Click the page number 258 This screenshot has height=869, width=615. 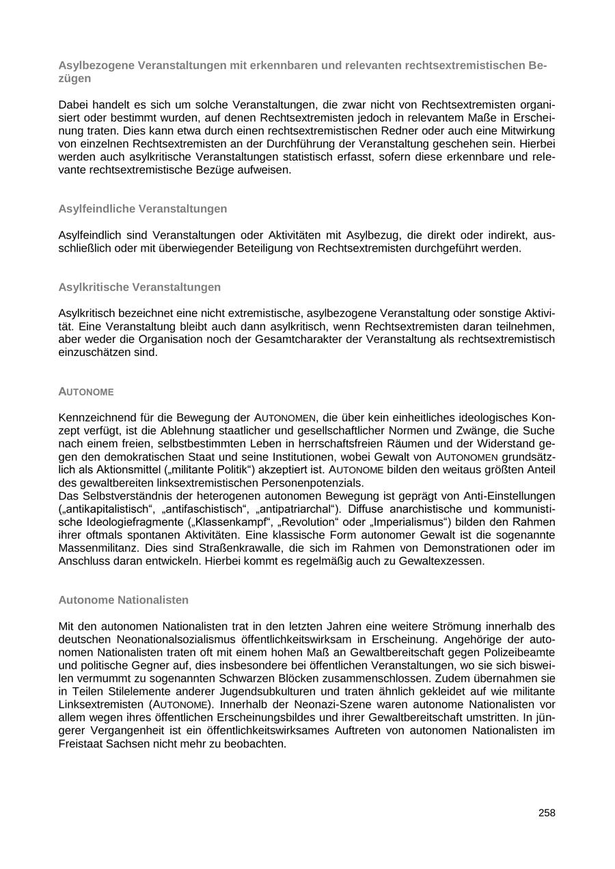tap(547, 813)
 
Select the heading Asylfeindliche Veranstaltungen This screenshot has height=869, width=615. tap(143, 208)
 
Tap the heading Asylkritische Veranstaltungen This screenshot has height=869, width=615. tap(139, 287)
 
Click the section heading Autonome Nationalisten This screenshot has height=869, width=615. tap(124, 600)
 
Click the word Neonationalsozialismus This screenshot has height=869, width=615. tap(174, 639)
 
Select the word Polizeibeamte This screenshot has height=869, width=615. tap(519, 652)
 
